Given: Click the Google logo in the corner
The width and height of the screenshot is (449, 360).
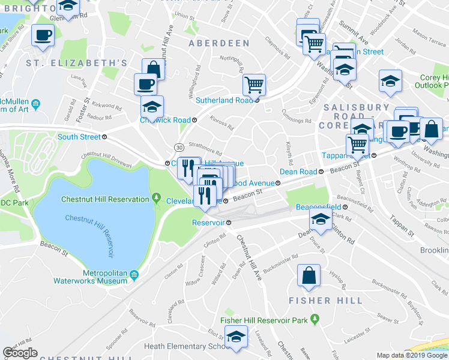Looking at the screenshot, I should pyautogui.click(x=20, y=353).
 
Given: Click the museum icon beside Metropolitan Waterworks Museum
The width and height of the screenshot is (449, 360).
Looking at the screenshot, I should pyautogui.click(x=135, y=275).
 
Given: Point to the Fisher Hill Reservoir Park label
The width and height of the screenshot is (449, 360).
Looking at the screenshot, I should pyautogui.click(x=264, y=320).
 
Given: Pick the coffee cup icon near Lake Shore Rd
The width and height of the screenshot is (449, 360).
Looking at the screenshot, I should pyautogui.click(x=42, y=35).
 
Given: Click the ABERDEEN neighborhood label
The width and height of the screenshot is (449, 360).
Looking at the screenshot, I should pyautogui.click(x=218, y=43).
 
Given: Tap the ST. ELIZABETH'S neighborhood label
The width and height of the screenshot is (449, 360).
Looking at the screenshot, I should pyautogui.click(x=77, y=63).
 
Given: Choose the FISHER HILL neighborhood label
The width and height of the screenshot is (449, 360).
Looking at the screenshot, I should pyautogui.click(x=326, y=300).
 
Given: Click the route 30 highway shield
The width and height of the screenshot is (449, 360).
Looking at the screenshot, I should pyautogui.click(x=179, y=147).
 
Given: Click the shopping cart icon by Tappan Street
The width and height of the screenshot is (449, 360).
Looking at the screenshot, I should pyautogui.click(x=358, y=144).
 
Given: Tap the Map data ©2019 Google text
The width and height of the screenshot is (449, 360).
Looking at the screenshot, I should pyautogui.click(x=412, y=355).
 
